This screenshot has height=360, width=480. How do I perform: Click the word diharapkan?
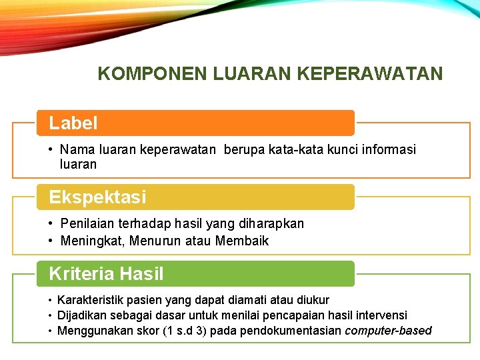(x=271, y=224)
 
